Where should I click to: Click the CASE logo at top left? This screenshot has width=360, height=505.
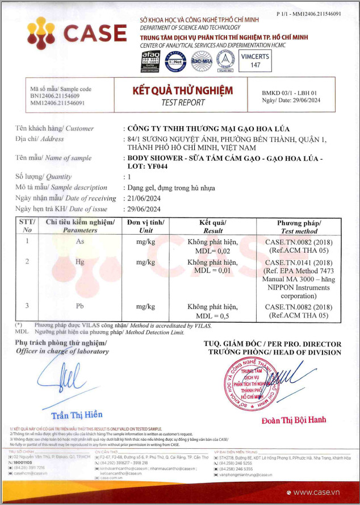77,32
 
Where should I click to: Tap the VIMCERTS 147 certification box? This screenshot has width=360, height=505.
255,61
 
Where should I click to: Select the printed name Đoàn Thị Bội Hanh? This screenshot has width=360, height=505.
294,420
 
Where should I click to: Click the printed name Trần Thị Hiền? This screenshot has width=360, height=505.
76,415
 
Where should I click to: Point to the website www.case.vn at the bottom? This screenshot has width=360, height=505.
324,492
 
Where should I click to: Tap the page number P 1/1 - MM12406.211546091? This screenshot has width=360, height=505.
308,13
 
